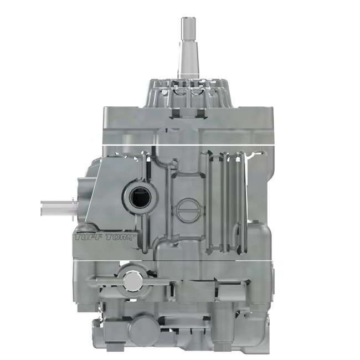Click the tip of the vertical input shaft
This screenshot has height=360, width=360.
pos(188,18)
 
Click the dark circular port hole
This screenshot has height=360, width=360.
pos(139,197)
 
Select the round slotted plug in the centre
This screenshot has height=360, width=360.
pos(188,210)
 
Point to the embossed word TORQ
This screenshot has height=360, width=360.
pos(121,238)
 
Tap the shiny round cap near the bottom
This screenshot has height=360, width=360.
pos(132,281)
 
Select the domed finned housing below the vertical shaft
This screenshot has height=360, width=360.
pos(188,93)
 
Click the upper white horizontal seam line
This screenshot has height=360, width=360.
pos(188,145)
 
